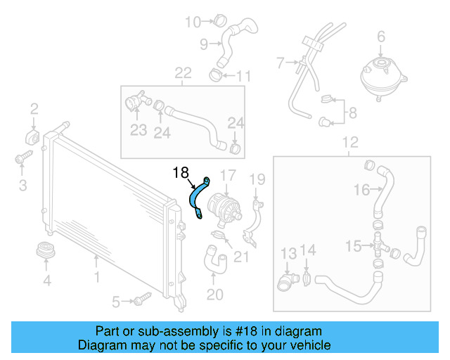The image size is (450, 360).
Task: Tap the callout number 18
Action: coord(181,171)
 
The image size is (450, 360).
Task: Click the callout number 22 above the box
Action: coord(183,73)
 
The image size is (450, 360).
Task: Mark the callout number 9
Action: coord(204,44)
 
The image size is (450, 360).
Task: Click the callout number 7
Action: coord(281,63)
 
